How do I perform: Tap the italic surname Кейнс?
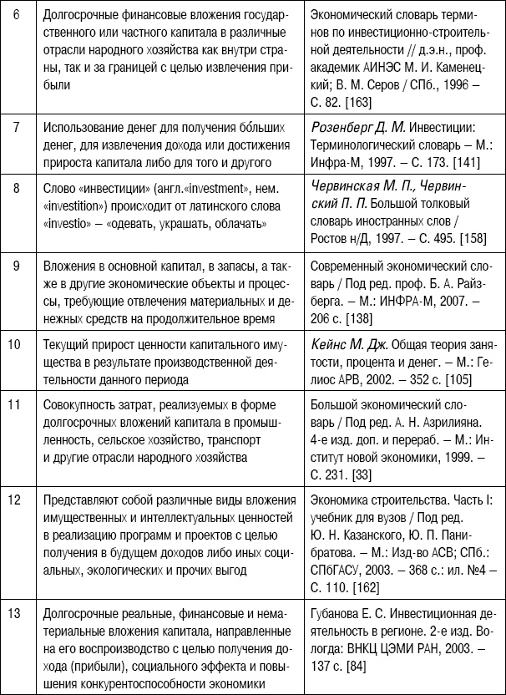pyautogui.click(x=328, y=343)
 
